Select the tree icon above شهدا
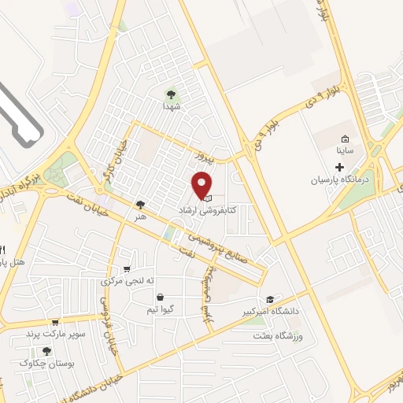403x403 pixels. (172, 92)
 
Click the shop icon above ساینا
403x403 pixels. (344, 139)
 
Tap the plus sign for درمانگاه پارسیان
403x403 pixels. (340, 167)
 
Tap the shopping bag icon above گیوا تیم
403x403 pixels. (161, 298)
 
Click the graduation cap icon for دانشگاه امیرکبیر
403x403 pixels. (271, 300)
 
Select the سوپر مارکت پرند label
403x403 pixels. (54, 334)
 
